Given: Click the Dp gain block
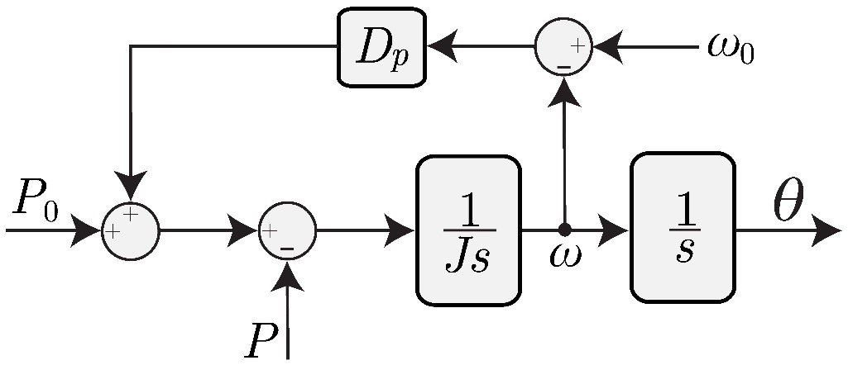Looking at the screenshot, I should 381,48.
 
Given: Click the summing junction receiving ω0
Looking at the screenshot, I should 563,47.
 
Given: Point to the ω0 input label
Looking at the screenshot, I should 731,49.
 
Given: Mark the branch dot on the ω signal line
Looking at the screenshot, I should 564,229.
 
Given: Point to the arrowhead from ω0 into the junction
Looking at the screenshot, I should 606,47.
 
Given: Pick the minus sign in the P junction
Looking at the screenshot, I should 287,247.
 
